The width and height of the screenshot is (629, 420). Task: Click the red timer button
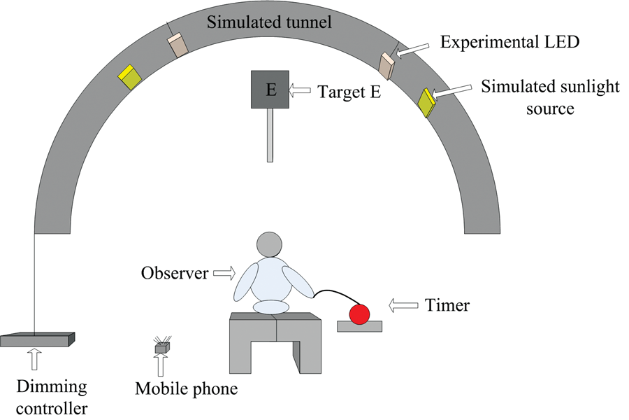click(359, 314)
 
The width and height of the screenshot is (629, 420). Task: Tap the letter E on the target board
click(270, 90)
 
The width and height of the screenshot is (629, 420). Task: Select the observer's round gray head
click(270, 244)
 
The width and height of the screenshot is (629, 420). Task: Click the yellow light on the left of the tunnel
click(130, 77)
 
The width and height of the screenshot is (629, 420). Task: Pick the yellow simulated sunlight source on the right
click(427, 102)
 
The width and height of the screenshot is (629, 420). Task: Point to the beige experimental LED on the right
click(387, 66)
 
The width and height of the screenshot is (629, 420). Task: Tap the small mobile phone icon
click(162, 346)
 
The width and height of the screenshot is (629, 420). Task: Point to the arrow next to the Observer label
click(225, 273)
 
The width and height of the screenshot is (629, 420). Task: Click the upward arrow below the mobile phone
click(162, 365)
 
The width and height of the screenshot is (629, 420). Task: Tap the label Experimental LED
click(510, 42)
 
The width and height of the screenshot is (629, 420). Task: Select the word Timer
click(447, 305)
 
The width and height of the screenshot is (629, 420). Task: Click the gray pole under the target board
click(270, 136)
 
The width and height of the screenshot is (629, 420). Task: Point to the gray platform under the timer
click(359, 326)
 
